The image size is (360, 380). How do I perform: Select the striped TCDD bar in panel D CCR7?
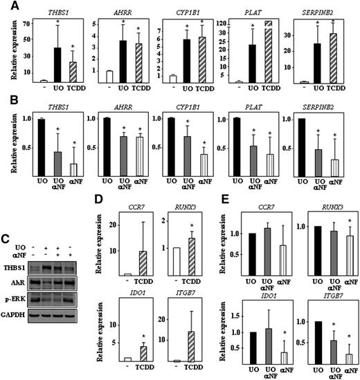point(147,263)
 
